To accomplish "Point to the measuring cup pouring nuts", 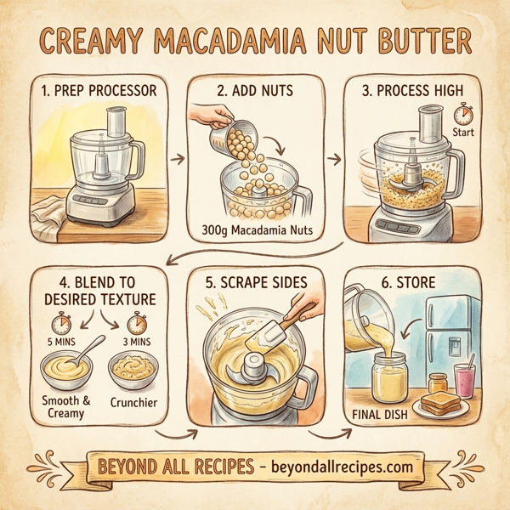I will (x=224, y=133).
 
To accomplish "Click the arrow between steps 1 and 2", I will (x=176, y=158).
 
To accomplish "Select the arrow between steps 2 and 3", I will (x=331, y=158).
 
